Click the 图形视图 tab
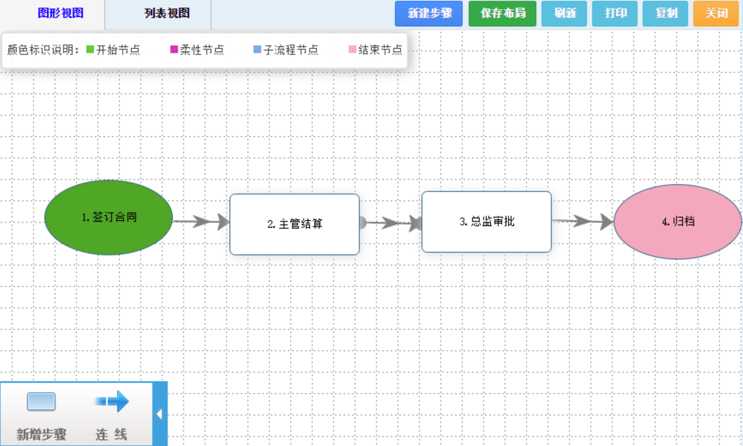tap(61, 13)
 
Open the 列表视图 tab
tap(167, 13)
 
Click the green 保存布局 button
tap(503, 13)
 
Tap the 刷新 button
tap(565, 13)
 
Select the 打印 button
tap(616, 13)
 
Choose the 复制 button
tap(666, 13)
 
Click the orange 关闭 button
tap(716, 13)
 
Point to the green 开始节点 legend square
tap(90, 50)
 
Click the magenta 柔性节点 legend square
tap(174, 50)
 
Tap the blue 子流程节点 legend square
tap(257, 50)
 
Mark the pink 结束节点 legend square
tap(353, 50)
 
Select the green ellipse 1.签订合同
tap(109, 218)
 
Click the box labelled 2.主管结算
tap(294, 224)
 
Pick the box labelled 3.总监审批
tap(486, 222)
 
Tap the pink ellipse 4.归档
tap(678, 222)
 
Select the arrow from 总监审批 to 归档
tap(583, 221)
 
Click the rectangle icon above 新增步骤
tap(41, 402)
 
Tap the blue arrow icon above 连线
tap(112, 401)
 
